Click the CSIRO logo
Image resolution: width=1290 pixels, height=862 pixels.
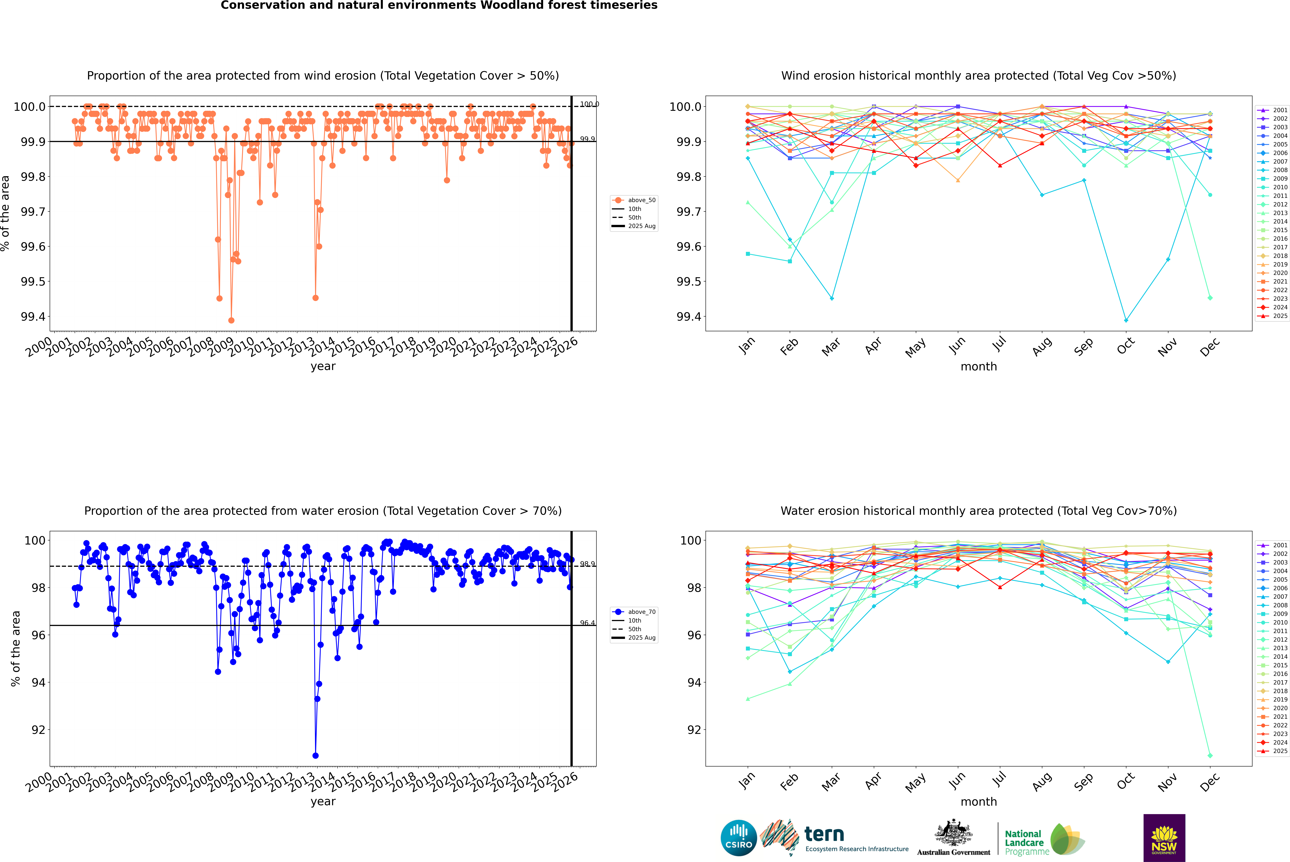pos(739,838)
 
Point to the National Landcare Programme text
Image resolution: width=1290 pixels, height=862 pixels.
pos(1024,842)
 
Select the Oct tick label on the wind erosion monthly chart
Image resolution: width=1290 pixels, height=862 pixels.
pos(1126,346)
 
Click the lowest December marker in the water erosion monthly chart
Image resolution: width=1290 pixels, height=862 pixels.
pos(1210,755)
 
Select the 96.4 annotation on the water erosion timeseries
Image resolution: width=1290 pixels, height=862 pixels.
pos(587,623)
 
